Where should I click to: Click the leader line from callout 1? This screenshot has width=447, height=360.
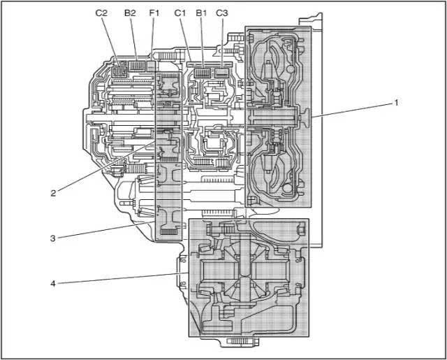point(353,110)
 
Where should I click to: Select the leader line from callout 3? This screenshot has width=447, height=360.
point(105,231)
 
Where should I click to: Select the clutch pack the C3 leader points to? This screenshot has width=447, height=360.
point(223,71)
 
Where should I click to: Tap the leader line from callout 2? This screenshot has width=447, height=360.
point(105,168)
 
